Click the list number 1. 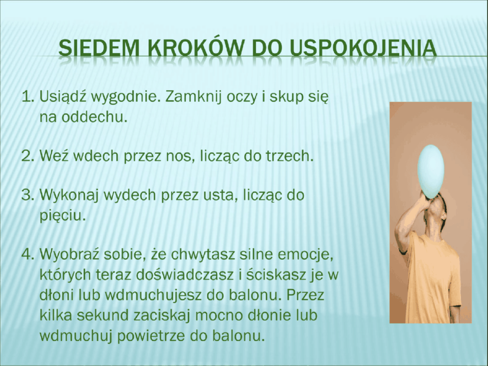coord(28,97)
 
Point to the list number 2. coord(28,156)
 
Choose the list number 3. coord(28,195)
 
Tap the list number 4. coord(28,255)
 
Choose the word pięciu coord(63,216)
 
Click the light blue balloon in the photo coord(431,171)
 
